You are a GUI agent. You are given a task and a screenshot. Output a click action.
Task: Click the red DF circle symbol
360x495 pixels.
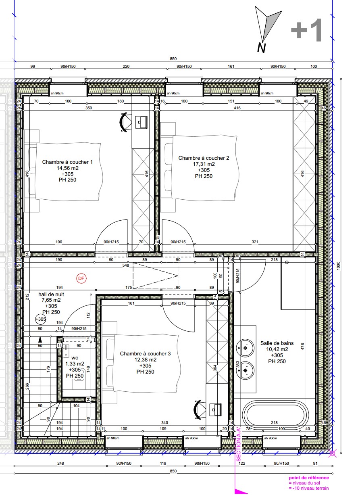pyautogui.click(x=81, y=278)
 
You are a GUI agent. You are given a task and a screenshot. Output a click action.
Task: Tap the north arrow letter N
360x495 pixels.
pyautogui.click(x=261, y=48)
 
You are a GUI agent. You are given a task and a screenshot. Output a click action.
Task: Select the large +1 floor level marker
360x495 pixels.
pyautogui.click(x=306, y=30)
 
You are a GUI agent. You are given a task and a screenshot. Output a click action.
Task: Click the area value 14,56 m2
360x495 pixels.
pyautogui.click(x=67, y=168)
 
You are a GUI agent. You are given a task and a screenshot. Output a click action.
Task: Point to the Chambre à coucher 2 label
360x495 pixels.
pyautogui.click(x=204, y=158)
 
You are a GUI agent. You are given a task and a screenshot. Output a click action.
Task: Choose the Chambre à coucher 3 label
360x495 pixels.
pyautogui.click(x=145, y=353)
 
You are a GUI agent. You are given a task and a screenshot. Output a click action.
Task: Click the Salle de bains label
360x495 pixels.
pyautogui.click(x=277, y=343)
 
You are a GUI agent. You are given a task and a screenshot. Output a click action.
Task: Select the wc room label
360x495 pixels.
pyautogui.click(x=75, y=358)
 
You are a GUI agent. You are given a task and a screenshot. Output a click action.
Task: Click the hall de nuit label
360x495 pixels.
pyautogui.click(x=51, y=294)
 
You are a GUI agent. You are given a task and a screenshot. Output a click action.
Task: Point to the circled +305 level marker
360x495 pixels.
pyautogui.click(x=41, y=319)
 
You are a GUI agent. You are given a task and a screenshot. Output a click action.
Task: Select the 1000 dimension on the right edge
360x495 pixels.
pyautogui.click(x=339, y=266)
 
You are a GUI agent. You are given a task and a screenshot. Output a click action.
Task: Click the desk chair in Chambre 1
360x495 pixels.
pyautogui.click(x=123, y=122)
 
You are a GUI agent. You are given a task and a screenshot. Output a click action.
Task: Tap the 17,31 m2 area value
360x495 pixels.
pyautogui.click(x=204, y=164)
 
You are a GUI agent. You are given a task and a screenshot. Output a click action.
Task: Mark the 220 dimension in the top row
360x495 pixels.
pyautogui.click(x=126, y=66)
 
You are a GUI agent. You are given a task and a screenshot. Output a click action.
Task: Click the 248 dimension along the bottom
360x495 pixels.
pyautogui.click(x=60, y=464)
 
